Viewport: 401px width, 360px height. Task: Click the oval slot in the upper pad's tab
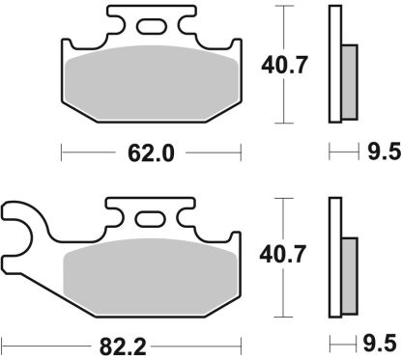(x=151, y=26)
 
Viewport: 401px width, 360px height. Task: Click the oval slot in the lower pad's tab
(x=151, y=219)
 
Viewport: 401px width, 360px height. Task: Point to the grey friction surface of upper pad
(x=151, y=82)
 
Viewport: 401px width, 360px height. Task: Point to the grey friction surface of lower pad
(x=151, y=275)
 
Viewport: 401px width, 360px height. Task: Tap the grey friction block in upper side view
(x=349, y=76)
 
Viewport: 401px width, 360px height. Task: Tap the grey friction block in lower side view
(x=349, y=269)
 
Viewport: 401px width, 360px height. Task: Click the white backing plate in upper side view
(x=335, y=64)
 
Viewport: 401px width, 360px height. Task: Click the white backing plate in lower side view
(x=335, y=257)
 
